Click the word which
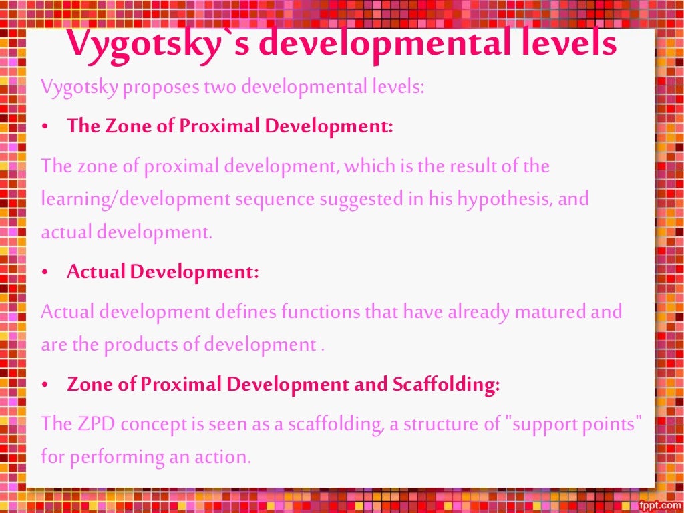pyautogui.click(x=372, y=166)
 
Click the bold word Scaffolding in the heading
pyautogui.click(x=445, y=385)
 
